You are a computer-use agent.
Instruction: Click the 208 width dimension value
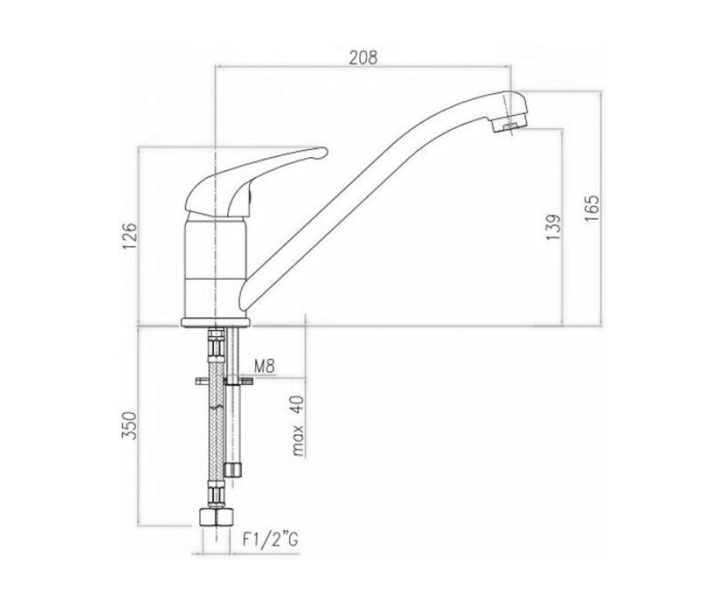363,57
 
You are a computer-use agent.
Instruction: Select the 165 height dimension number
591,208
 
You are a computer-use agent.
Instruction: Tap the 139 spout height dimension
553,227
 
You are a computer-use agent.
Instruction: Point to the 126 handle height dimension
130,236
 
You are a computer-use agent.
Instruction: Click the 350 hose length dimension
131,426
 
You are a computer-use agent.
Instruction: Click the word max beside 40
298,440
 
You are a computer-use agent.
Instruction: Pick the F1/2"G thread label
270,550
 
